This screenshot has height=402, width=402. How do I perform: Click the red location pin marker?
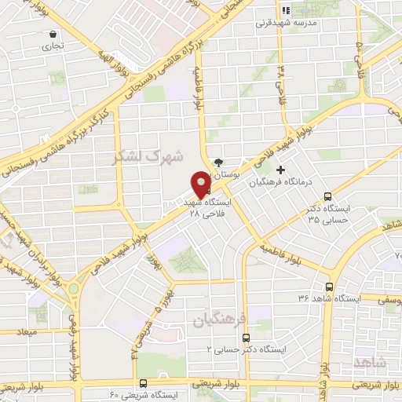pyautogui.click(x=202, y=184)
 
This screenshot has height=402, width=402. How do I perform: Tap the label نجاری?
pyautogui.click(x=53, y=46)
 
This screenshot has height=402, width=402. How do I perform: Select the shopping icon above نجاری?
pyautogui.click(x=53, y=35)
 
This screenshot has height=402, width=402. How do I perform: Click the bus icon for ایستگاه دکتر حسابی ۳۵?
pyautogui.click(x=327, y=196)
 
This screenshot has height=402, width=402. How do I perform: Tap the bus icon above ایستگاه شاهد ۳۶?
pyautogui.click(x=329, y=287)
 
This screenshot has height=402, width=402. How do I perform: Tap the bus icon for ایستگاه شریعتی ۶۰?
pyautogui.click(x=143, y=383)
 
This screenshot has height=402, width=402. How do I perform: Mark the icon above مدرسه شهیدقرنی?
pyautogui.click(x=286, y=11)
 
